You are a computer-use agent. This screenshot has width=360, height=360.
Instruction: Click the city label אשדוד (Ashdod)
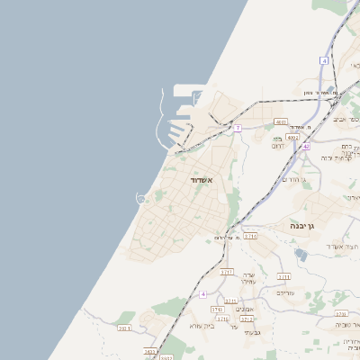pos(200,180)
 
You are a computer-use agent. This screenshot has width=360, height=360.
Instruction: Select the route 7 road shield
pos(238,128)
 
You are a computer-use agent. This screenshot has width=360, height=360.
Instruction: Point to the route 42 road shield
pos(306,146)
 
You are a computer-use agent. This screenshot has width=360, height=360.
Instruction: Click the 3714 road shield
pos(250,236)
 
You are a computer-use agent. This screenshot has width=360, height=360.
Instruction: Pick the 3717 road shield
pos(227,271)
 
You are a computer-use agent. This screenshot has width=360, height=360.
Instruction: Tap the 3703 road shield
pos(124,328)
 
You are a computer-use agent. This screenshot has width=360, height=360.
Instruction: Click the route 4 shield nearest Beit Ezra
pos(203,294)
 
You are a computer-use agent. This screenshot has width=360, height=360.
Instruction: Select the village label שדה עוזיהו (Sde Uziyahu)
pos(250,278)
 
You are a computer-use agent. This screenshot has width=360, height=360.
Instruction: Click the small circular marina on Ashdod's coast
pos(140,198)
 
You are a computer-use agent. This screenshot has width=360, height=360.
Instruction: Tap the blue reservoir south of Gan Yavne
pos(300,256)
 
